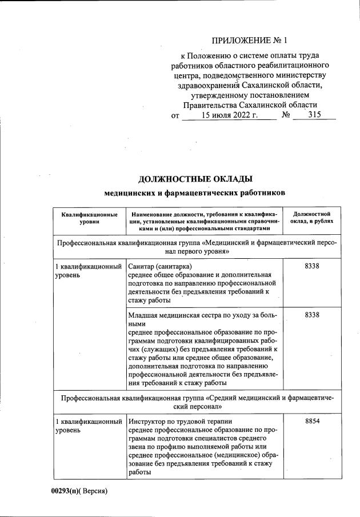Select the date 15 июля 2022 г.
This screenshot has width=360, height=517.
(230, 115)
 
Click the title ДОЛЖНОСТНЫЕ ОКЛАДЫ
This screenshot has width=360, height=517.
(195, 179)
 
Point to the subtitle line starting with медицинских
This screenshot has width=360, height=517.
(195, 193)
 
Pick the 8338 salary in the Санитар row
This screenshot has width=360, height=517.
(312, 266)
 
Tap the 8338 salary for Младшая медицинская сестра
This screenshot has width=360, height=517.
(312, 315)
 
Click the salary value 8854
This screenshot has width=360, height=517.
(312, 422)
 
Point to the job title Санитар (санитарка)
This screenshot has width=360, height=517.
(160, 266)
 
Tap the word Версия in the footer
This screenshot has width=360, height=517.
(94, 491)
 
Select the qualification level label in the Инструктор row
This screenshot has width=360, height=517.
(88, 426)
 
